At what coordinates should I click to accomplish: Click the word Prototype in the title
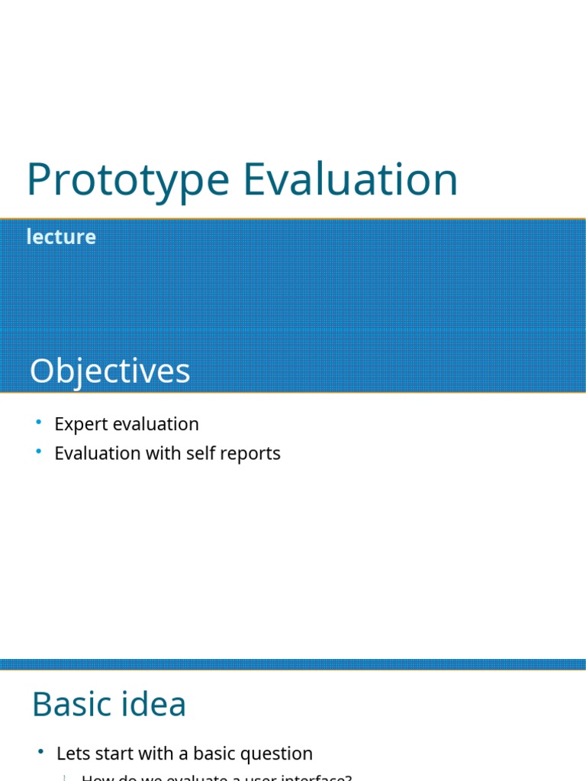(x=127, y=180)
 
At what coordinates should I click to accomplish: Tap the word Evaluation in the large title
(x=351, y=180)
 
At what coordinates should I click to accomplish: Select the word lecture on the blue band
(x=61, y=237)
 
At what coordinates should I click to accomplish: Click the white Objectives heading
(x=110, y=371)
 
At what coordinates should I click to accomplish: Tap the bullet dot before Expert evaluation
(x=39, y=423)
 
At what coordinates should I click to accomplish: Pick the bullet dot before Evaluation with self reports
(x=39, y=452)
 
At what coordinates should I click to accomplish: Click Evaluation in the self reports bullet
(x=97, y=453)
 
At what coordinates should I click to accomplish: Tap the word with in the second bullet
(x=162, y=453)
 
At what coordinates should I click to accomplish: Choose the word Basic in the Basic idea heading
(x=73, y=704)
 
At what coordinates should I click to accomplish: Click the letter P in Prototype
(x=39, y=180)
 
